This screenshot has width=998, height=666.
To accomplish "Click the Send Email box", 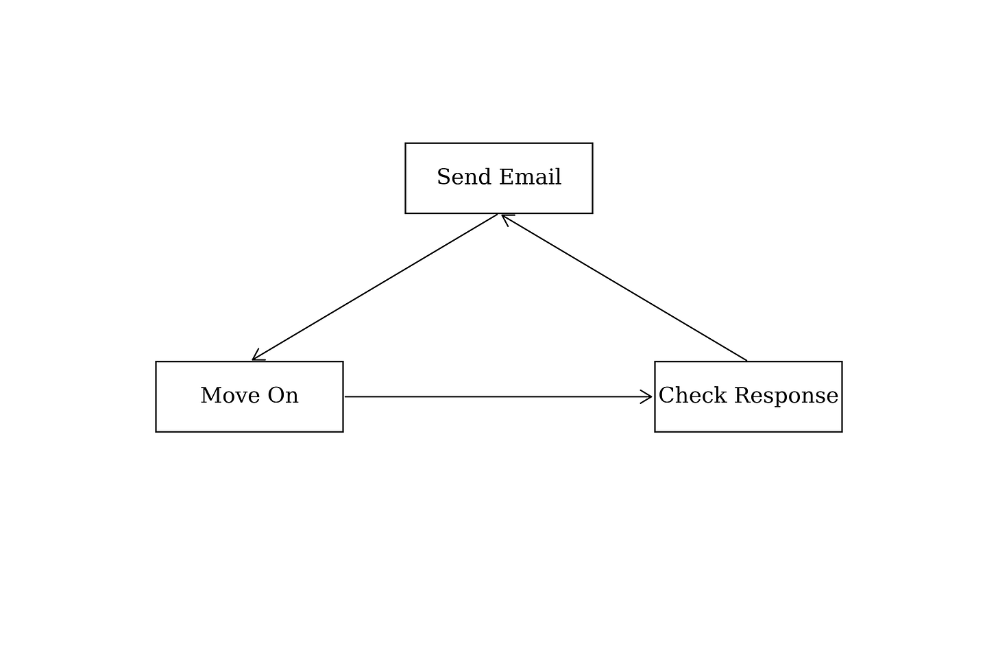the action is [498, 178].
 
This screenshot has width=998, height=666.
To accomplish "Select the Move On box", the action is [249, 396].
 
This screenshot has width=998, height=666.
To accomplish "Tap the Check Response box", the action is [748, 396].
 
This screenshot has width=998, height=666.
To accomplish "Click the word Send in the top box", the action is [464, 177].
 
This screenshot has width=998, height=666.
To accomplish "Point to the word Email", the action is [531, 177].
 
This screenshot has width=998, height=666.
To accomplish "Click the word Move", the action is [230, 395].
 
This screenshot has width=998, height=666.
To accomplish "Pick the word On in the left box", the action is [283, 395].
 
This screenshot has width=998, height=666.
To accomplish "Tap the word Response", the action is [786, 396].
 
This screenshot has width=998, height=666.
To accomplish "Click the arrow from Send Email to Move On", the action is [375, 287].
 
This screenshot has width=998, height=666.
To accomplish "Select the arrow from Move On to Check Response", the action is [498, 396].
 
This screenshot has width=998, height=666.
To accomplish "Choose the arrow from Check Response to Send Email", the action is [624, 287].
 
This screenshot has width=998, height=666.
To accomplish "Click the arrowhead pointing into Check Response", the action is [646, 396].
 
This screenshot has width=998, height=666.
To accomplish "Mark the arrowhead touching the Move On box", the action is [258, 356].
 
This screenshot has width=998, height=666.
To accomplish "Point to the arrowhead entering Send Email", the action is [507, 219].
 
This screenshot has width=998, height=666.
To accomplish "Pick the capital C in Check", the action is [666, 395].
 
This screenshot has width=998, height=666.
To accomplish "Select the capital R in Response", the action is [742, 395].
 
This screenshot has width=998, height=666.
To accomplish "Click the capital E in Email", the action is [507, 177].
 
